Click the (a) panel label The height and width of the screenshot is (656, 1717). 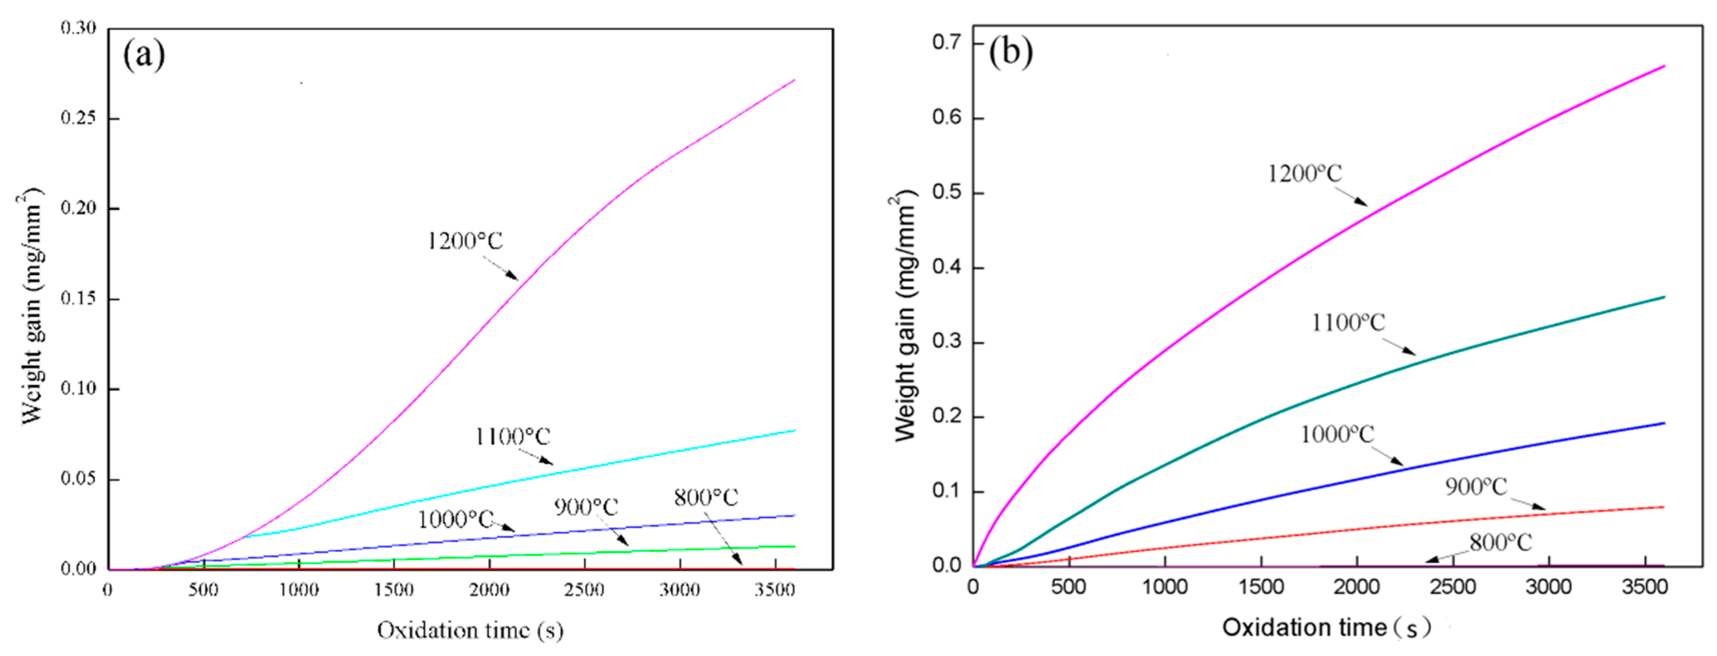[x=144, y=55]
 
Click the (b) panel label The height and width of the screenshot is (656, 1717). [x=1011, y=52]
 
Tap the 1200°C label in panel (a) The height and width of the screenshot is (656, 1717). [x=465, y=241]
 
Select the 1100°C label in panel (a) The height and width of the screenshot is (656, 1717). [x=512, y=437]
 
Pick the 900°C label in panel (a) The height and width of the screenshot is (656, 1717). [x=586, y=507]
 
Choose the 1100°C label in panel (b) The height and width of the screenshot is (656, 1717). [x=1348, y=324]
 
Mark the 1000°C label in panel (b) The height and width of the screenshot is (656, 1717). [x=1337, y=435]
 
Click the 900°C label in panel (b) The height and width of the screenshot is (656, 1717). [x=1476, y=486]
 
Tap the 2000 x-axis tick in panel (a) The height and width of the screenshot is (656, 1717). [x=489, y=590]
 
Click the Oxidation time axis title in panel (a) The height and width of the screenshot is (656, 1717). [x=470, y=630]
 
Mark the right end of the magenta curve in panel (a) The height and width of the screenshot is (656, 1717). [x=795, y=80]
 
